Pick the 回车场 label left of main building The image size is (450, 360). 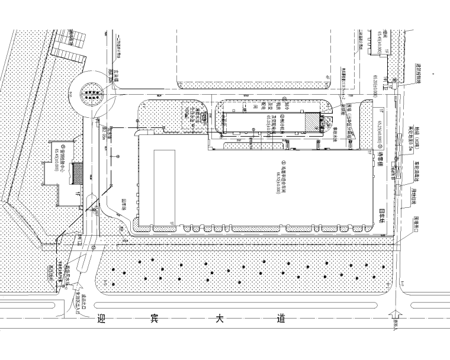(x=124, y=203)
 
